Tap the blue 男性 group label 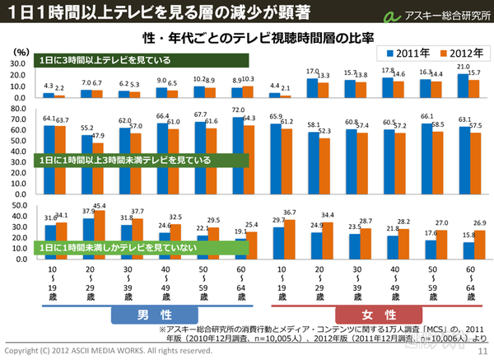click(x=154, y=316)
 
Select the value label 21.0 click(x=464, y=66)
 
